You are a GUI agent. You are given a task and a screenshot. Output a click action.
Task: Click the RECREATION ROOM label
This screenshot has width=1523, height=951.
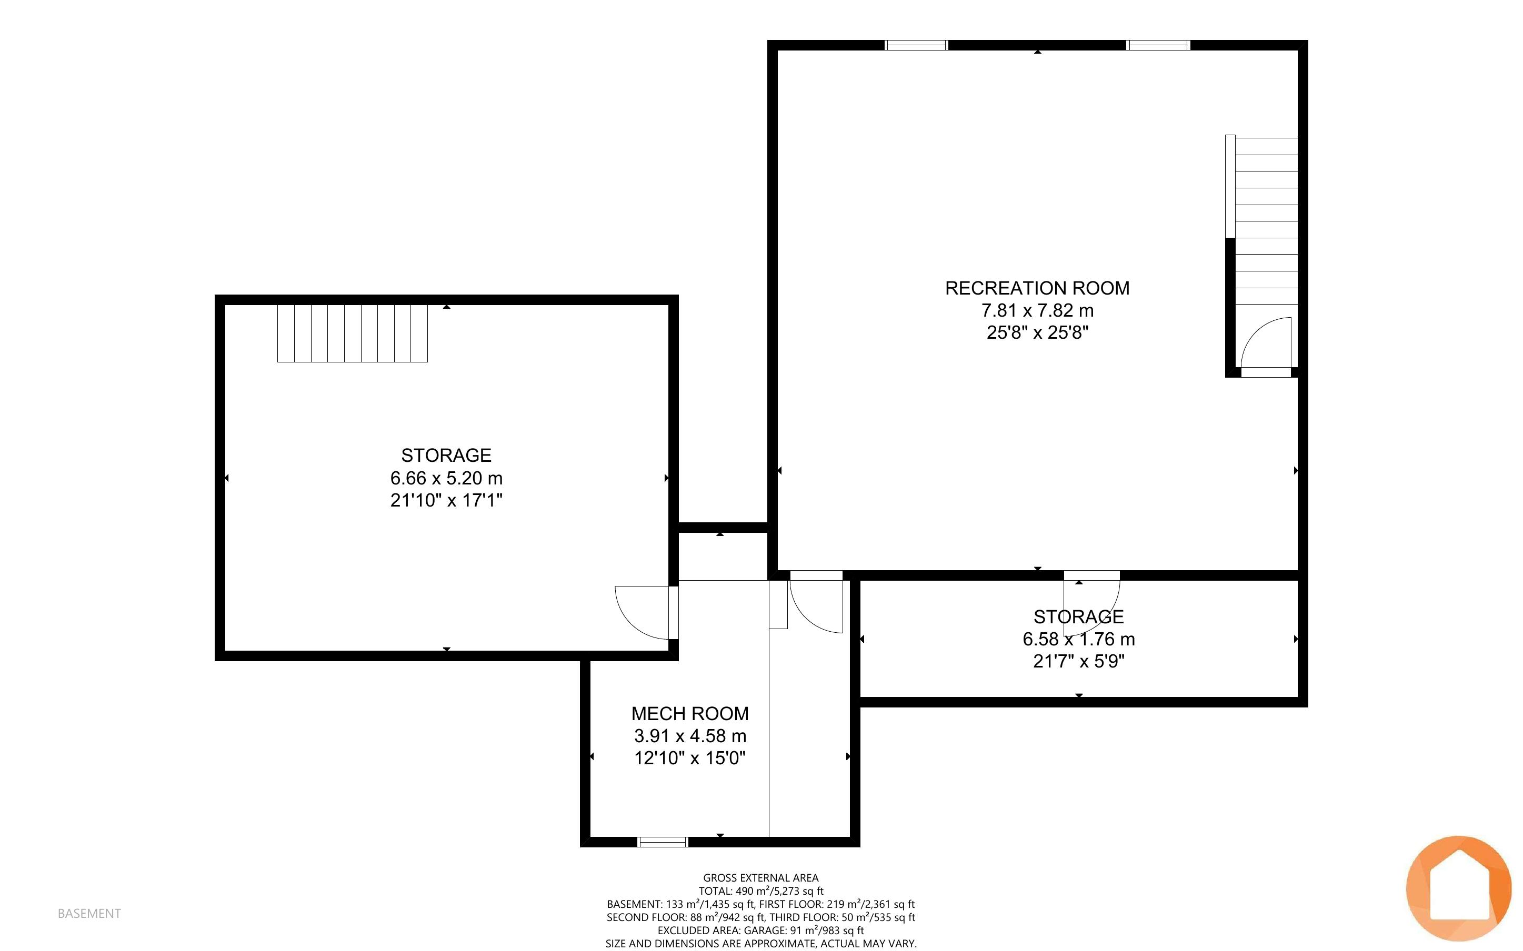[1037, 288]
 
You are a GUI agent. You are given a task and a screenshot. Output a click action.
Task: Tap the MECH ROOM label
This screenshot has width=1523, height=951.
[690, 713]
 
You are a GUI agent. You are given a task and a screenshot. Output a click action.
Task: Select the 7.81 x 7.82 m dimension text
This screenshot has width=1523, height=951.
[1037, 310]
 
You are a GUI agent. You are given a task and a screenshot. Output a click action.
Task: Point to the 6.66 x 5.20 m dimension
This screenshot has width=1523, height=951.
[446, 478]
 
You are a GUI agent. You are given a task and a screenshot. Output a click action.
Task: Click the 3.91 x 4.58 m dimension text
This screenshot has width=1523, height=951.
[690, 735]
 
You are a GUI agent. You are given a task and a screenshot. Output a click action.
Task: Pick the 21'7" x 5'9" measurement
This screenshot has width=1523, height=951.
[1079, 661]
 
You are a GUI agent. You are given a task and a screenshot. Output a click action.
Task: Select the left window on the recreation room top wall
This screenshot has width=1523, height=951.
[916, 45]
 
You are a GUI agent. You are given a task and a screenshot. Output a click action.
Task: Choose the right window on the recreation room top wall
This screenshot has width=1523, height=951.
[1158, 45]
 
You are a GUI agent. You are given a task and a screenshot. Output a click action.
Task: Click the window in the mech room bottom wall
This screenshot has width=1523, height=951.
[663, 842]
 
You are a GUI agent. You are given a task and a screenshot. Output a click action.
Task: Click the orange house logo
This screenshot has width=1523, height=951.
[1458, 887]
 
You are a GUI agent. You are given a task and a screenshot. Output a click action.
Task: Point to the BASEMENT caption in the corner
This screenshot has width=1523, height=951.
[89, 913]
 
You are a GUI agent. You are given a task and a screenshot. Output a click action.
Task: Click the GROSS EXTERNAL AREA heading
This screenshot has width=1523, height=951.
[760, 877]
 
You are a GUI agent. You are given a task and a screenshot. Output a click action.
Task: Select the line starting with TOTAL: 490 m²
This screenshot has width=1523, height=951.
[760, 891]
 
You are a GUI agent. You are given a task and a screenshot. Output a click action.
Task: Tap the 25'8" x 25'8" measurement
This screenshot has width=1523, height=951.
[1037, 332]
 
